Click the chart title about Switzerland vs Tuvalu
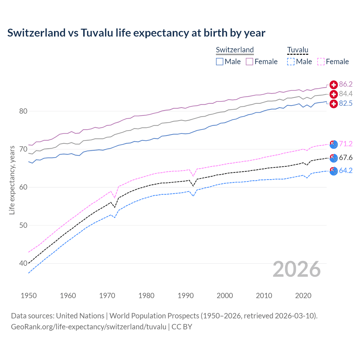[136, 33]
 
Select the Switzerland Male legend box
[220, 62]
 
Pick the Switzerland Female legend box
[249, 62]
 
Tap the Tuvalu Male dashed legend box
[291, 62]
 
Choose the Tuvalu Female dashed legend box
[321, 62]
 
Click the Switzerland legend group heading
[235, 50]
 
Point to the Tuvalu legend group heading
[298, 50]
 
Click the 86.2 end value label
[346, 84]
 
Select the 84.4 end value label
[346, 94]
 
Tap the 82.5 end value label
[346, 103]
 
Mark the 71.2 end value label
[346, 144]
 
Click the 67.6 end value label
[346, 157]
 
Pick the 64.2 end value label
[346, 170]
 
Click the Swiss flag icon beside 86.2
[334, 84]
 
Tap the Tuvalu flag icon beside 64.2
[334, 171]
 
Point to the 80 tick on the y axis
[23, 111]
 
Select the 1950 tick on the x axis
[29, 296]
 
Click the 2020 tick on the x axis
[303, 296]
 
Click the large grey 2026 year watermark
[296, 269]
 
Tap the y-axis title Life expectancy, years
[12, 180]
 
